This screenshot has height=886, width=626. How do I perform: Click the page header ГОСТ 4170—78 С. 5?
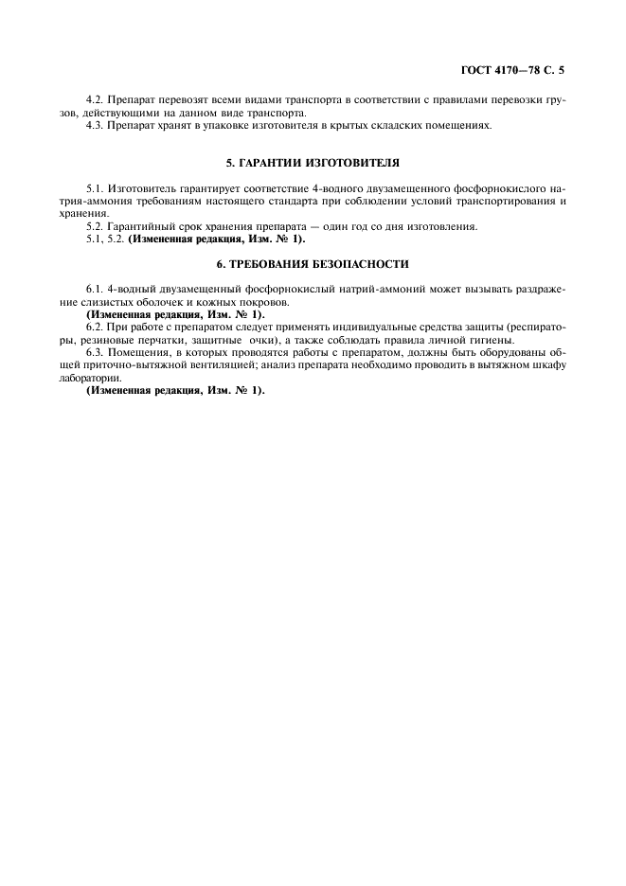511,69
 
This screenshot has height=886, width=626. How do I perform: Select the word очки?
256,339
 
